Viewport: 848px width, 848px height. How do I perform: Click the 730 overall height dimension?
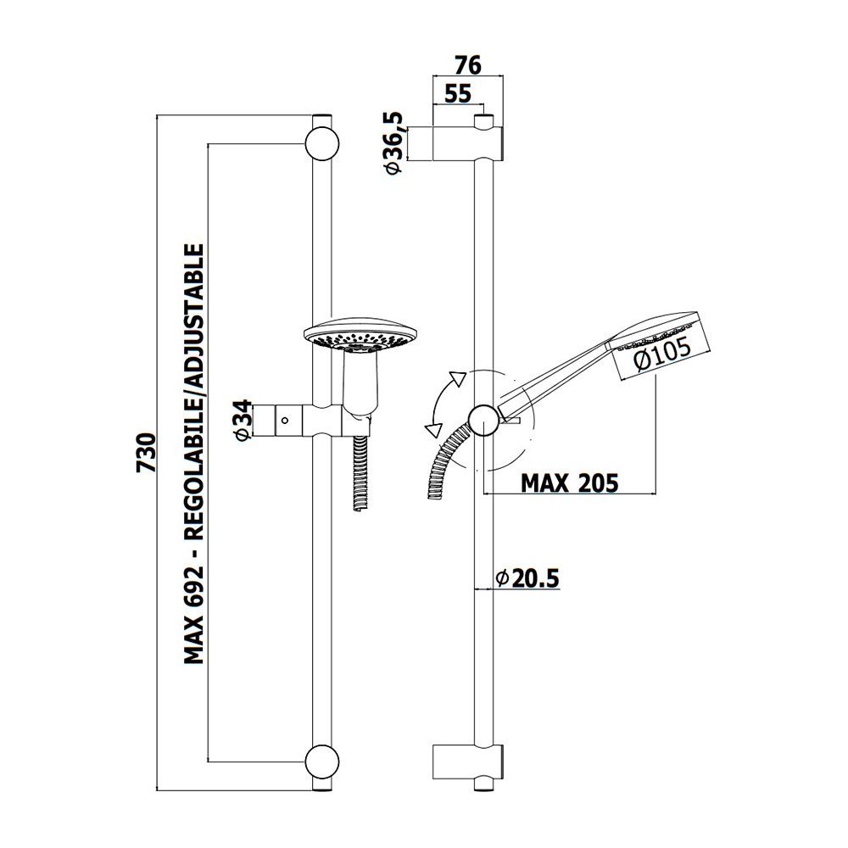pos(147,452)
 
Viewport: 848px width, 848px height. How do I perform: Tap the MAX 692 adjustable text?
pos(194,454)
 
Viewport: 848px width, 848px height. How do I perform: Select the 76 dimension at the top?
pos(467,65)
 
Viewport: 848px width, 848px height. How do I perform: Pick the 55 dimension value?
pos(458,93)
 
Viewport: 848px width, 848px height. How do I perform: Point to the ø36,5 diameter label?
pos(394,142)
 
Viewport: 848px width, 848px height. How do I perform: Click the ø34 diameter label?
pos(244,421)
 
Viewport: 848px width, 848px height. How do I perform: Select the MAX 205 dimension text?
pos(569,483)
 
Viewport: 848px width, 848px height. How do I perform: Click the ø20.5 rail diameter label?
pos(527,578)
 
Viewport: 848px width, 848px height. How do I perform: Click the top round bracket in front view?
pos(321,144)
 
